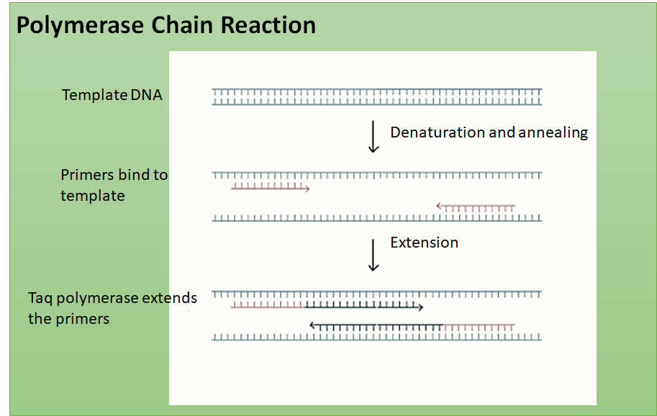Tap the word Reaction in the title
pos(268,26)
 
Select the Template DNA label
pos(112,95)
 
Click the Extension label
pos(424,243)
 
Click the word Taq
pos(41,298)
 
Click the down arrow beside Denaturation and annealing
pos(373,137)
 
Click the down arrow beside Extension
pos(373,255)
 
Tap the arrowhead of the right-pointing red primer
pos(307,189)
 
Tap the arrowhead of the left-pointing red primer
pos(439,207)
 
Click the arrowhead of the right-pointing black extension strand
pos(420,307)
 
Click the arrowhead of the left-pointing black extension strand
pos(313,325)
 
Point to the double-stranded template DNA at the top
pos(376,96)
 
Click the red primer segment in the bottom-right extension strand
pos(479,326)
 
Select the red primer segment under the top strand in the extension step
pos(267,307)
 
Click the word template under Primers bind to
pos(92,196)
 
